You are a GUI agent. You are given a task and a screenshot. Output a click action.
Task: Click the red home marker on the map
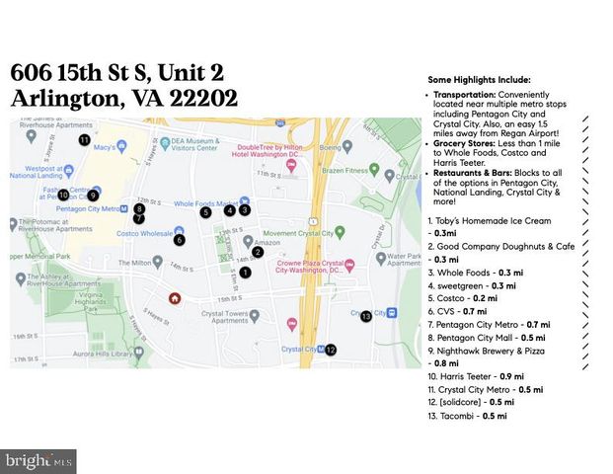pyautogui.click(x=175, y=297)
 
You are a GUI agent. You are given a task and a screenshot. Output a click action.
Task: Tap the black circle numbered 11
pyautogui.click(x=84, y=141)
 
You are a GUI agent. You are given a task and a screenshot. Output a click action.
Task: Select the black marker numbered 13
pyautogui.click(x=366, y=316)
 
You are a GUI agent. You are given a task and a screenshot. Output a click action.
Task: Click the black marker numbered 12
pyautogui.click(x=331, y=350)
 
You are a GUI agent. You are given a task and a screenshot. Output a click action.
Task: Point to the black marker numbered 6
pyautogui.click(x=179, y=239)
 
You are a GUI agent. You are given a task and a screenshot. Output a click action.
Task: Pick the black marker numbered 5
pyautogui.click(x=205, y=211)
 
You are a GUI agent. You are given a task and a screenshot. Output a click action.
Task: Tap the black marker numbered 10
pyautogui.click(x=63, y=195)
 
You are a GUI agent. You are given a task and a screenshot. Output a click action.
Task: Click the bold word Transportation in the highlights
pyautogui.click(x=467, y=95)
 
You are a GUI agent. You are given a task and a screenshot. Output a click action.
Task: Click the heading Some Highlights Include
pyautogui.click(x=479, y=79)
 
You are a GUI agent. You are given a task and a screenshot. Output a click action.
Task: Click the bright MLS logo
pyautogui.click(x=38, y=460)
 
